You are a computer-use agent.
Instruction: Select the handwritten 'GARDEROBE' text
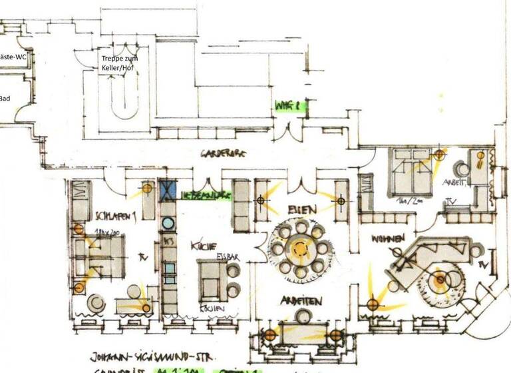(224, 153)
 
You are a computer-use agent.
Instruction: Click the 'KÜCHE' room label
(202, 244)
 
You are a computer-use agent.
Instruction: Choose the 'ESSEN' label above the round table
(302, 209)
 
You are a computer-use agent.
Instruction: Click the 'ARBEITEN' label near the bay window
(301, 301)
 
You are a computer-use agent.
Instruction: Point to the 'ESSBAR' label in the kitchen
(227, 255)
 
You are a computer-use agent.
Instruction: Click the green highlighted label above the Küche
(206, 195)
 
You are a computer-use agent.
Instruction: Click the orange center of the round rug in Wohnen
(440, 280)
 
